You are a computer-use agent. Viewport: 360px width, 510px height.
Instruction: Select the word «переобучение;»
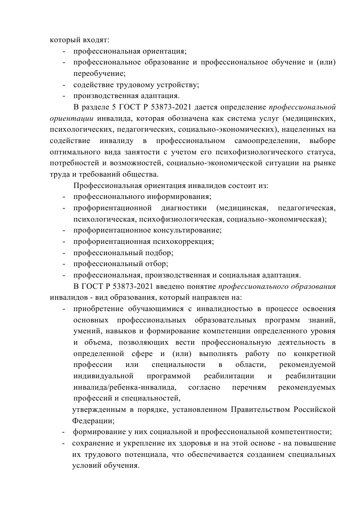(x=99, y=73)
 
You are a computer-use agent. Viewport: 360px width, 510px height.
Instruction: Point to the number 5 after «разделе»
(x=113, y=107)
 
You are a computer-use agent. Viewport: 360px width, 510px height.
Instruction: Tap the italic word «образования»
(x=314, y=286)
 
